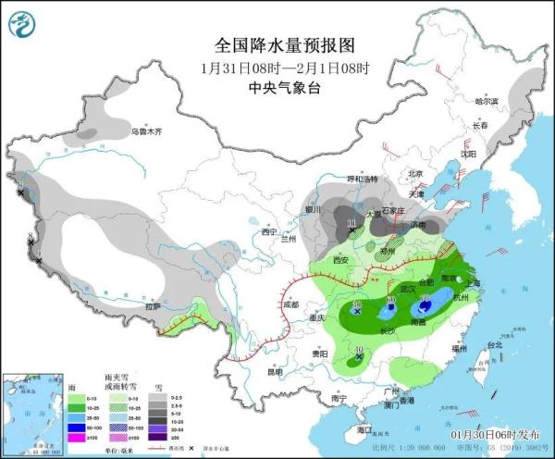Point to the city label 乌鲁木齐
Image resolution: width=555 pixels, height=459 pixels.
click(x=146, y=132)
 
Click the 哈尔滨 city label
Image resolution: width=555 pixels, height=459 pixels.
click(x=486, y=101)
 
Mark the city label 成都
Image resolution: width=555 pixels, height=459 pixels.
click(x=291, y=303)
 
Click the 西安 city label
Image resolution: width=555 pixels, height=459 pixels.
click(x=339, y=261)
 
